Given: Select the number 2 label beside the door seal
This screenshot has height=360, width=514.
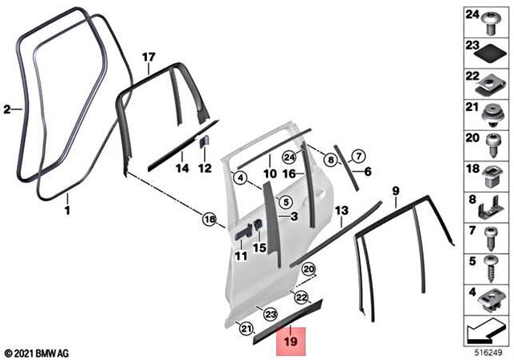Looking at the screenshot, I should (7, 108).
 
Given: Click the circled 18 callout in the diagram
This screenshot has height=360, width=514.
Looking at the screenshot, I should (209, 219).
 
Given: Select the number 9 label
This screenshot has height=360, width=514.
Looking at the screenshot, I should (395, 190).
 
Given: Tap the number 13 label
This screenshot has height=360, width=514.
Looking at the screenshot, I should (341, 210).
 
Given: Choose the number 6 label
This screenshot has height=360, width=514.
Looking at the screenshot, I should (368, 171).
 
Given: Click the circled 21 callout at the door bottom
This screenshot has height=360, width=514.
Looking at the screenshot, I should (247, 327).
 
